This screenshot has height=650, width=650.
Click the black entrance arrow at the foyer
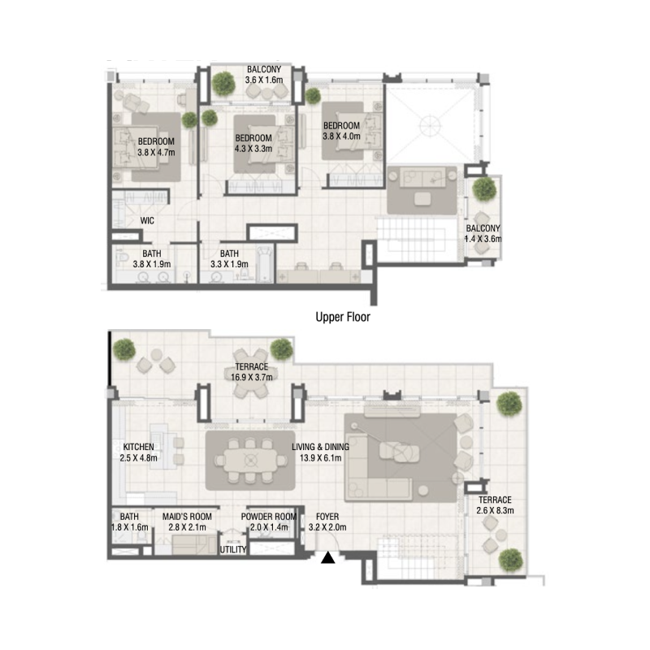[x=328, y=558]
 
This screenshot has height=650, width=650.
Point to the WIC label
[x=147, y=220]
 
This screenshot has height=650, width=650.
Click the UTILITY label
[x=232, y=550]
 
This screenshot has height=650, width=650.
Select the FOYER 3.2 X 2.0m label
[x=328, y=521]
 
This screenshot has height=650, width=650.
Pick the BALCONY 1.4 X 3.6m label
[x=483, y=233]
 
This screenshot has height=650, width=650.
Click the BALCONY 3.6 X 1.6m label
[x=263, y=75]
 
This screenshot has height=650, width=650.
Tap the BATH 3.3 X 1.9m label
[x=228, y=258]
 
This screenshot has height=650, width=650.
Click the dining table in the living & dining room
[x=250, y=460]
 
